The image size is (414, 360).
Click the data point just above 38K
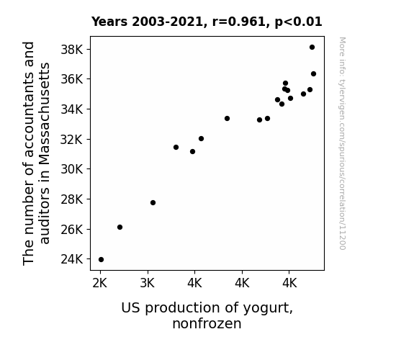(x=312, y=48)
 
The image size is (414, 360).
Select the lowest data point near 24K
(x=101, y=260)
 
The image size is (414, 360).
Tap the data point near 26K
(x=120, y=227)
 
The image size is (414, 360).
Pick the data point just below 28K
(x=153, y=202)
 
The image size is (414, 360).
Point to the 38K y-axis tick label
(x=72, y=50)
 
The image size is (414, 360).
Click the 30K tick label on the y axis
(x=72, y=169)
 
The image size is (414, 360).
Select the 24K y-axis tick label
(x=72, y=259)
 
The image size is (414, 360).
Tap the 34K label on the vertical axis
(x=72, y=109)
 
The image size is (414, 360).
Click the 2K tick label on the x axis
(x=100, y=284)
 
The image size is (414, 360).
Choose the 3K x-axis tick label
(x=148, y=284)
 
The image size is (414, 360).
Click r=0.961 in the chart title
(x=240, y=22)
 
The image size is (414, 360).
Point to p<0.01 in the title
(x=298, y=22)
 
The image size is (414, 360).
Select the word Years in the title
(x=109, y=22)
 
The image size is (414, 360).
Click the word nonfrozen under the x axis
(x=207, y=323)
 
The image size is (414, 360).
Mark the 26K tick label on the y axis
(x=72, y=229)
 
